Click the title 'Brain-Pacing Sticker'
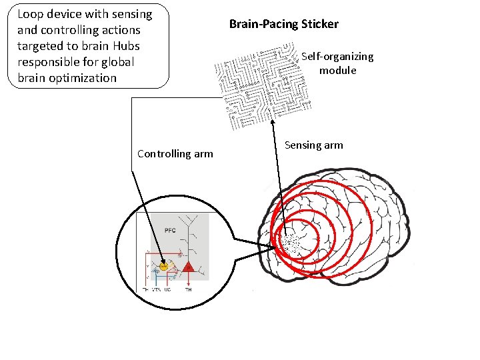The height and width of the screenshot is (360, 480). pyautogui.click(x=283, y=25)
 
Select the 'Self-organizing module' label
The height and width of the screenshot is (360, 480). pyautogui.click(x=337, y=63)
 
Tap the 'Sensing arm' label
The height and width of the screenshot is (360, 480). pyautogui.click(x=313, y=145)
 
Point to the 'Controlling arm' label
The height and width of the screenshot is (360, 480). pyautogui.click(x=175, y=154)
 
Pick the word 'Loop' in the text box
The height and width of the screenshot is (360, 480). pyautogui.click(x=30, y=14)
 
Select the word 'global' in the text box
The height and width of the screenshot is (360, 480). pyautogui.click(x=117, y=62)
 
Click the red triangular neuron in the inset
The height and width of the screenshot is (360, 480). pyautogui.click(x=188, y=267)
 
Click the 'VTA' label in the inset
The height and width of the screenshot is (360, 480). pyautogui.click(x=157, y=290)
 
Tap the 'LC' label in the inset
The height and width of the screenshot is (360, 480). pyautogui.click(x=168, y=290)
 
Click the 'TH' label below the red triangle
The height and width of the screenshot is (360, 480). pyautogui.click(x=188, y=290)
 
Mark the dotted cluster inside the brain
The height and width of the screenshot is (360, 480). pyautogui.click(x=292, y=243)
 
